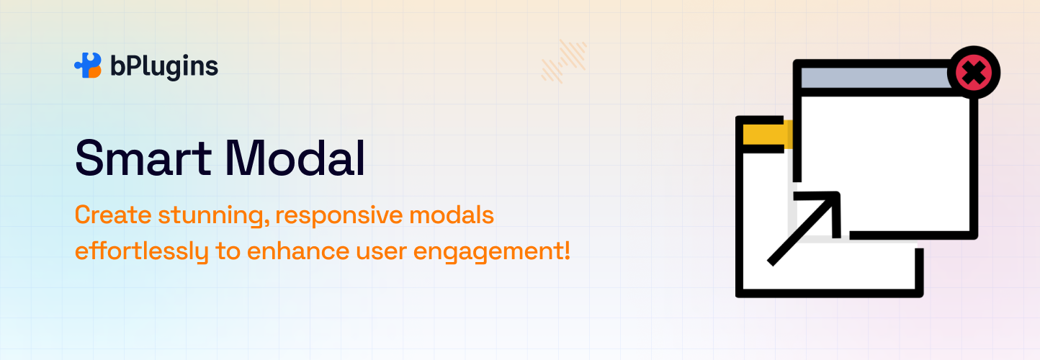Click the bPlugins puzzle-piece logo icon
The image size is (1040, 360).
tap(88, 66)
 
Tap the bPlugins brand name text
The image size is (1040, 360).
tap(164, 67)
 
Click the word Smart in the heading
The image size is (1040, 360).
tap(143, 158)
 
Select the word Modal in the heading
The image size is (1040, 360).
tap(295, 158)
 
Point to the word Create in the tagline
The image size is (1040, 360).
tap(113, 215)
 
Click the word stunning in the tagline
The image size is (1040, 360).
tap(214, 217)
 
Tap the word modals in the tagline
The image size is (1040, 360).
tap(452, 215)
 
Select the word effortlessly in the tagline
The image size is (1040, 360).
tap(142, 252)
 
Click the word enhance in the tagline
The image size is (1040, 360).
tap(298, 251)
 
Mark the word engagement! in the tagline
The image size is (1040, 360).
tap(491, 253)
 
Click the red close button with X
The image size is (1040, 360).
tap(974, 73)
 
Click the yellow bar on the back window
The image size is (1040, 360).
tap(767, 135)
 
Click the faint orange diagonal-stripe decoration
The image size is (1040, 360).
tap(564, 61)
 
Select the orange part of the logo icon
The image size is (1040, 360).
tap(95, 72)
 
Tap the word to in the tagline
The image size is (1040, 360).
tap(228, 251)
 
